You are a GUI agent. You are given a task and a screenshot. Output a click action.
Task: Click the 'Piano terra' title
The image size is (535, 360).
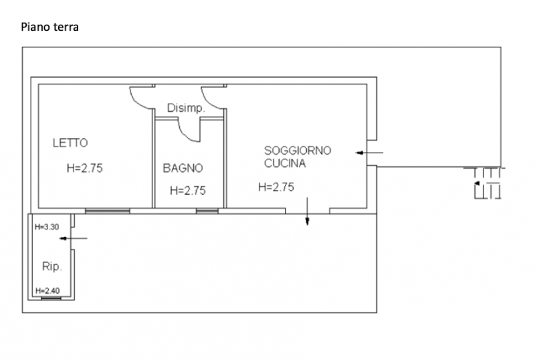[49, 27]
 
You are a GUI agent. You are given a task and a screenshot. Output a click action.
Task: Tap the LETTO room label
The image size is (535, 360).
[70, 143]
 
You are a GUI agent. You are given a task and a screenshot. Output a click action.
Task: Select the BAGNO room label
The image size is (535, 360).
[183, 168]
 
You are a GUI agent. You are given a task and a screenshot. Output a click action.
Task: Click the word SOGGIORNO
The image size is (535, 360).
[298, 151]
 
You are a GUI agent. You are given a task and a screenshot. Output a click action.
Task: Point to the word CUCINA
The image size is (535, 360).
[285, 163]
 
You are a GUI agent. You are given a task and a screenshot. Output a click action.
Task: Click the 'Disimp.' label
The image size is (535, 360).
[186, 108]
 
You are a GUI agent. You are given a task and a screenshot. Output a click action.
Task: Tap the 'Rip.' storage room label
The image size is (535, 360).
[52, 266]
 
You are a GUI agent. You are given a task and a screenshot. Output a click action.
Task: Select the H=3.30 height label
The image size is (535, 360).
[47, 227]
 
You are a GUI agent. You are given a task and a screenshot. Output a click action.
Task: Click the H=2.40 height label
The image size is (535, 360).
[47, 290]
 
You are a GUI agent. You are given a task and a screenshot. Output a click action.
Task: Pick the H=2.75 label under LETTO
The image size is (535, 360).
[85, 168]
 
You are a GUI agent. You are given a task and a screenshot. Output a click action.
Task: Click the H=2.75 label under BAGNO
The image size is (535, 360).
[188, 190]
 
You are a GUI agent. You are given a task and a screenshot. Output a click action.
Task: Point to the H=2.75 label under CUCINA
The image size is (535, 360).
[276, 187]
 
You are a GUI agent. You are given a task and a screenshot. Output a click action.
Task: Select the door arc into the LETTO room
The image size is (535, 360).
[136, 102]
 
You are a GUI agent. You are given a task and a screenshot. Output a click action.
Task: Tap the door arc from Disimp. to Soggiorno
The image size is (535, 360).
[207, 102]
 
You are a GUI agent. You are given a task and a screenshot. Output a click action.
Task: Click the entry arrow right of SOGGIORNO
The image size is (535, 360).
[369, 153]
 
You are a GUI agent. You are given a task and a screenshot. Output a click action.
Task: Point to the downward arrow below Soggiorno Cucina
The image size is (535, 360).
[307, 211]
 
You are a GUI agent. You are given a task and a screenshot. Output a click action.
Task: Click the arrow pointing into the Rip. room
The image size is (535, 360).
[74, 238]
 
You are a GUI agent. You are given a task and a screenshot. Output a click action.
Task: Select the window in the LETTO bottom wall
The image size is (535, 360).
[108, 211]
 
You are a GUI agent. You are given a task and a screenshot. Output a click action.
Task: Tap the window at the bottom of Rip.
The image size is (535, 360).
[51, 298]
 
